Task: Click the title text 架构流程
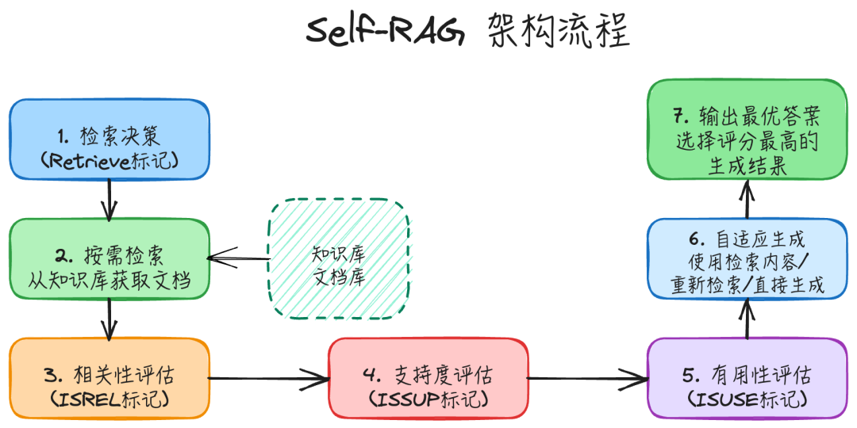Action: click(559, 32)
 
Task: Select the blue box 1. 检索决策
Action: click(110, 139)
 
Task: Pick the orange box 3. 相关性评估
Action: click(110, 378)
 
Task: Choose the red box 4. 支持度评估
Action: click(428, 378)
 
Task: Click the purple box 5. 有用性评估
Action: click(747, 378)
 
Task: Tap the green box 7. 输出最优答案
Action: click(747, 129)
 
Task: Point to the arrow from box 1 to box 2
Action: click(110, 199)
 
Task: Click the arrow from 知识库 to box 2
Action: click(238, 258)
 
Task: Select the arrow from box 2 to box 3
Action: click(110, 319)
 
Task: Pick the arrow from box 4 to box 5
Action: click(587, 378)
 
